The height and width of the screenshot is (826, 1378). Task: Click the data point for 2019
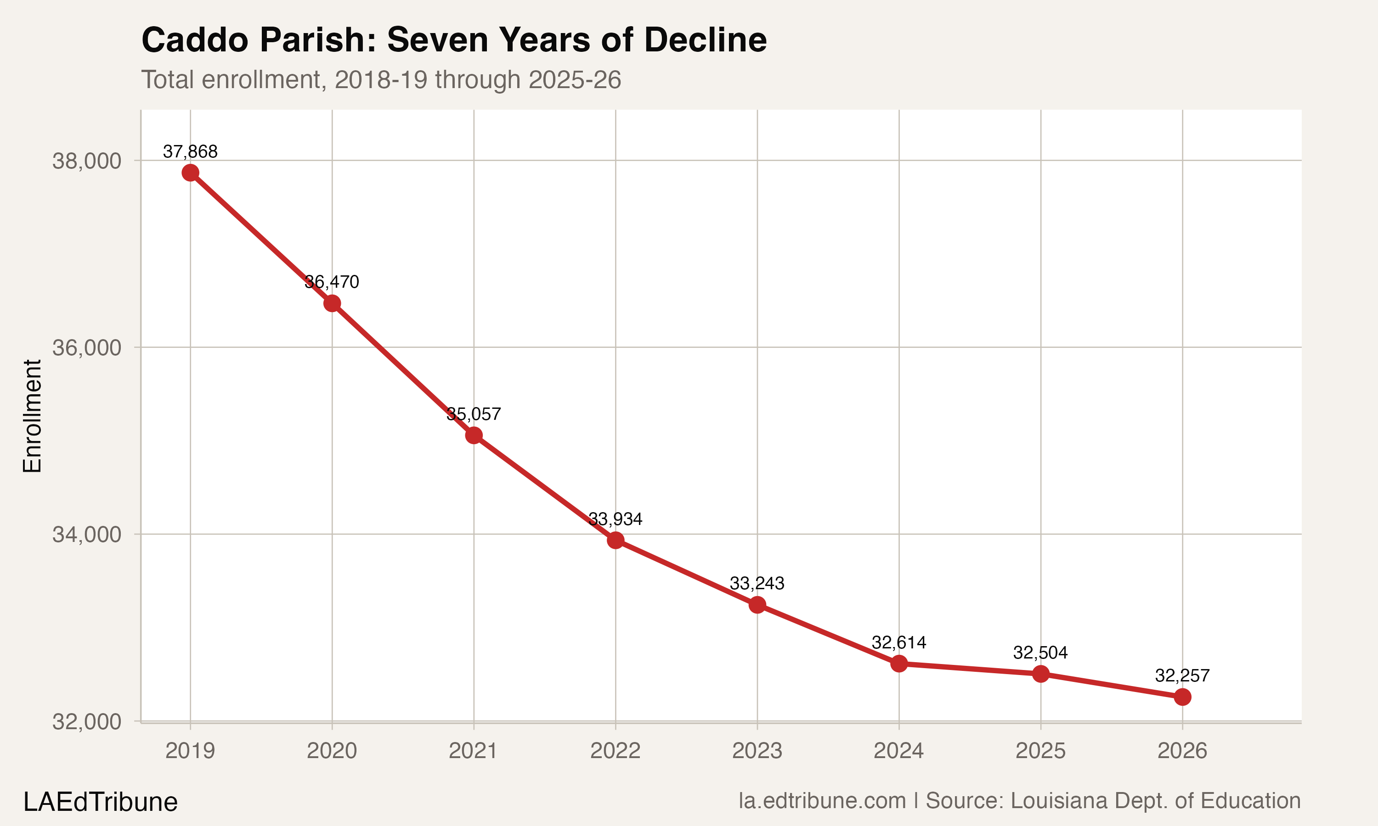click(x=191, y=173)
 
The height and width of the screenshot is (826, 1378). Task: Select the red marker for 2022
click(x=616, y=540)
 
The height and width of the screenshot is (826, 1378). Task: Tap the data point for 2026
click(x=1182, y=697)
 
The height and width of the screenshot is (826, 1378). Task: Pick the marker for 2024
click(x=899, y=664)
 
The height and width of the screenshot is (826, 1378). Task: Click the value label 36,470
click(x=332, y=282)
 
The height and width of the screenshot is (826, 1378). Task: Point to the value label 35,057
click(x=474, y=414)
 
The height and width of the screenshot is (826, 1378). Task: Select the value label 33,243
click(x=757, y=583)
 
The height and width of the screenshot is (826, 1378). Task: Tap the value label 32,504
click(x=1040, y=653)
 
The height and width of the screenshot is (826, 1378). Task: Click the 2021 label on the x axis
click(x=474, y=751)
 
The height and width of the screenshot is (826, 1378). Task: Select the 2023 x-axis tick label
click(x=757, y=751)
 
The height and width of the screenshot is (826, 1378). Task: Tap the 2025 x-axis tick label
click(x=1040, y=751)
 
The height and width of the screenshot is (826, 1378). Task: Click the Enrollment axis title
click(x=32, y=416)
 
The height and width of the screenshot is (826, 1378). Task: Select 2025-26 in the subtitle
click(x=574, y=79)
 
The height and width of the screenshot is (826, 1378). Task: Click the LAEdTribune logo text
click(x=100, y=802)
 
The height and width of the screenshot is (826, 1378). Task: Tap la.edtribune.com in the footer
click(x=822, y=800)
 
